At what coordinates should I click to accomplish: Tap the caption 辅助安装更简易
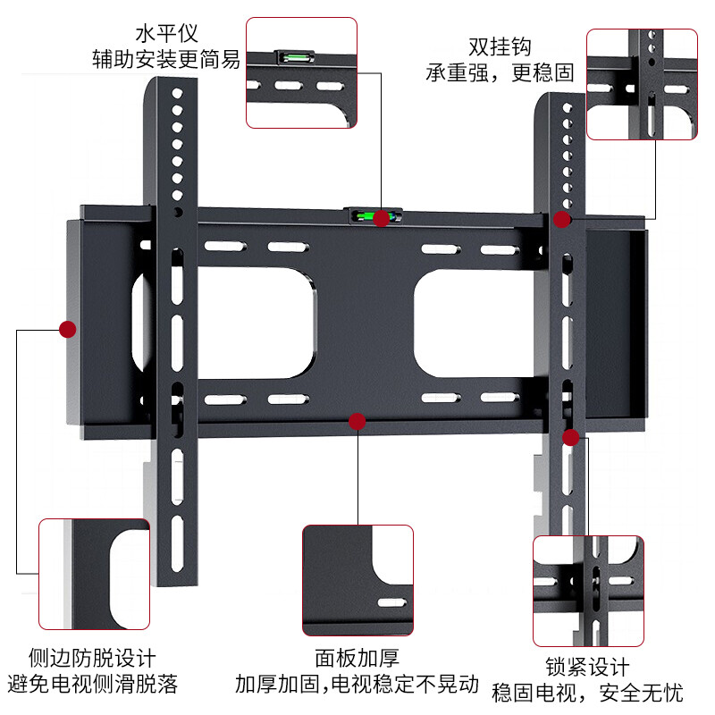click(x=165, y=61)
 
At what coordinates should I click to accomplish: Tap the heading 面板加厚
click(x=357, y=659)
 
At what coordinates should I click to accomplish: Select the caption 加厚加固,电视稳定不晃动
click(x=357, y=686)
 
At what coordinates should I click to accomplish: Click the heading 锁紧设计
click(x=587, y=667)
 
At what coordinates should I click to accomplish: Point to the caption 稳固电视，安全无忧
click(x=587, y=693)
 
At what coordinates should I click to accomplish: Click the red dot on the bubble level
click(x=382, y=219)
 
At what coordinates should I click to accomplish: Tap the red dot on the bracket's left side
click(x=67, y=329)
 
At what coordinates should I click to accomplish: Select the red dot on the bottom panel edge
click(x=357, y=421)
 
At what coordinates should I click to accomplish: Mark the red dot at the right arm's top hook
click(x=562, y=220)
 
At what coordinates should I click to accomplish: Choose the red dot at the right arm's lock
click(x=571, y=437)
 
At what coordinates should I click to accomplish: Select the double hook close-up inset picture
click(x=641, y=84)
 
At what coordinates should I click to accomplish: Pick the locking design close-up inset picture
click(x=587, y=591)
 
